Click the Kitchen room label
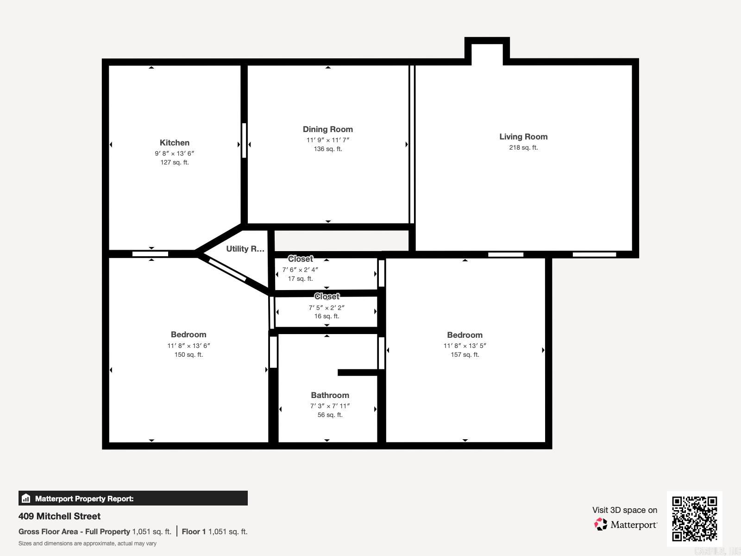coord(175,143)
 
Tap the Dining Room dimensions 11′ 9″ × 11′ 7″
coord(328,140)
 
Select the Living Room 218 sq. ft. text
coord(523,147)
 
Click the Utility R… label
coord(245,249)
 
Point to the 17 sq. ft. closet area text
coord(301,278)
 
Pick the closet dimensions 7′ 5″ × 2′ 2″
coord(327,308)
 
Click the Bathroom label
coord(330,395)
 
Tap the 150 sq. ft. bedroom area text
coord(188,354)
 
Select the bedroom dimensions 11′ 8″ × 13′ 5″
coord(465,346)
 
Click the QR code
coord(694,518)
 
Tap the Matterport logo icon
coord(601,524)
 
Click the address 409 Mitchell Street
coord(59,516)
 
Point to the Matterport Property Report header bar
coord(133,499)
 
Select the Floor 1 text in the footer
coord(194,531)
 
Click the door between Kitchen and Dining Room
coord(244,140)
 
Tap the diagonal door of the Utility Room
coord(227,270)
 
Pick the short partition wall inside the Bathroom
coord(358,373)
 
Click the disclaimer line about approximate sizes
coord(88,543)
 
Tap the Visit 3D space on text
coord(624,510)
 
